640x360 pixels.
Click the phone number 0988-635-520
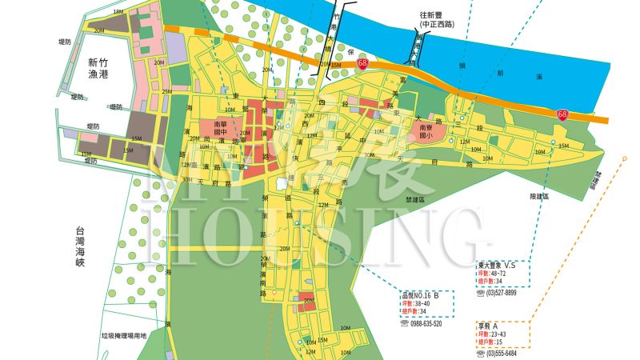[x=426, y=324]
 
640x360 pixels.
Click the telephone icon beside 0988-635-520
[x=404, y=324]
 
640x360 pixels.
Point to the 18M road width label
[x=118, y=12]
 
